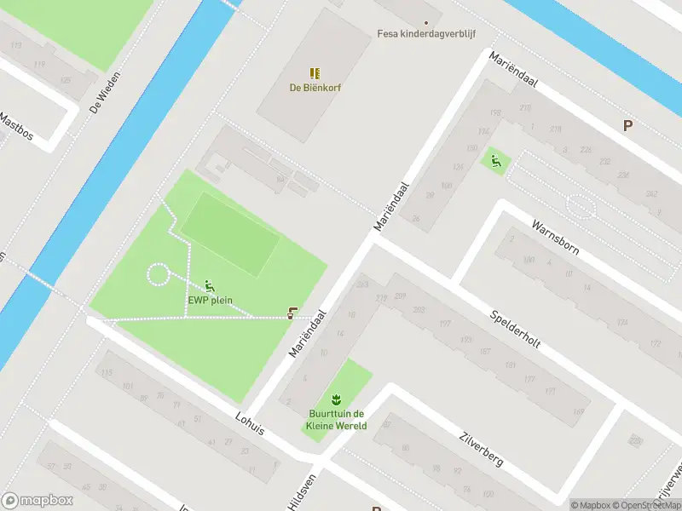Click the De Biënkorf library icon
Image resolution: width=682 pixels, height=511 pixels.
315,73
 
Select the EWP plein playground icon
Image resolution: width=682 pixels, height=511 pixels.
210,286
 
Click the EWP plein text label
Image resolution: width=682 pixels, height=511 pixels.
210,300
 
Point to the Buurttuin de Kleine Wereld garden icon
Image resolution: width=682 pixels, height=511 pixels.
337,399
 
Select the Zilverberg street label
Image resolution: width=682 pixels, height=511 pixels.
479,446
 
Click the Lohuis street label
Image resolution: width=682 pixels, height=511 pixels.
248,423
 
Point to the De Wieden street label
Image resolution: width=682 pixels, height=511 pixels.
106,93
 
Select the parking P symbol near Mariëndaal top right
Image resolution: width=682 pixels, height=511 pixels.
627,126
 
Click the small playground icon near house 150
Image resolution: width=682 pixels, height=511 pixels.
494,159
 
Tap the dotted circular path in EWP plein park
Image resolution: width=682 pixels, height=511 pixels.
159,274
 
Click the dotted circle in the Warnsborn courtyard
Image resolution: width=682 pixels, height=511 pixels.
581,207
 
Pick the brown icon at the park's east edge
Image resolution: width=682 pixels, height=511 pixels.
293,313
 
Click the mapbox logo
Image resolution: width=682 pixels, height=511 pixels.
37,501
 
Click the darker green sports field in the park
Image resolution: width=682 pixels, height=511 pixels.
229,233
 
